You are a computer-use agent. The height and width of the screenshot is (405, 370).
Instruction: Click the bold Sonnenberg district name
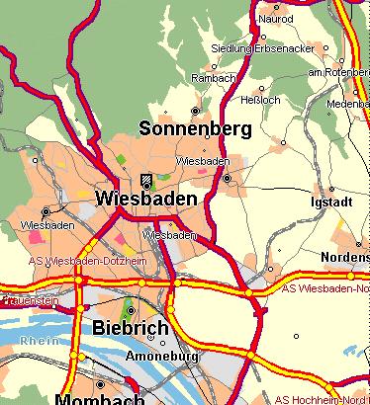[195, 129]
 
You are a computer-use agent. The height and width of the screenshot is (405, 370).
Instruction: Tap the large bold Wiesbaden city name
[145, 199]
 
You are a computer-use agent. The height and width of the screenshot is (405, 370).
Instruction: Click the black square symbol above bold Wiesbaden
[146, 180]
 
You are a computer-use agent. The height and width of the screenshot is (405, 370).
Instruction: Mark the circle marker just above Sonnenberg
[195, 111]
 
